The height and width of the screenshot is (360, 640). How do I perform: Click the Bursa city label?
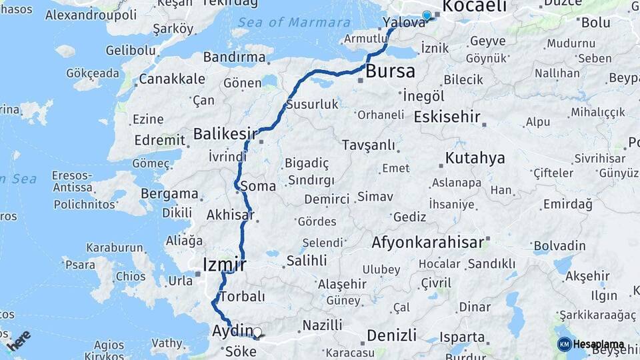[390, 71]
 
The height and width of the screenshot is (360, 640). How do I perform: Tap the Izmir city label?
[224, 265]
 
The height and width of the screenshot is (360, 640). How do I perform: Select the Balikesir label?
[225, 133]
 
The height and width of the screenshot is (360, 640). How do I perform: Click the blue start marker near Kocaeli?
[427, 15]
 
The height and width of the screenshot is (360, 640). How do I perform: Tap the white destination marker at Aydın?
[257, 331]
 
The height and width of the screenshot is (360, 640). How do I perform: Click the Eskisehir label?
[447, 117]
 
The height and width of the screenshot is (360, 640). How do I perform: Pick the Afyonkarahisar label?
[427, 242]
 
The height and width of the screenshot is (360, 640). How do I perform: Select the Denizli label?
[392, 335]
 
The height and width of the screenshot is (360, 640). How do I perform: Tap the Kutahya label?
[475, 158]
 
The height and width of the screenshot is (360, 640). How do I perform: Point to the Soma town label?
[261, 186]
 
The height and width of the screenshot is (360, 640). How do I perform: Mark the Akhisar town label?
[230, 215]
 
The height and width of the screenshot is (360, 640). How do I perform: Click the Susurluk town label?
[313, 104]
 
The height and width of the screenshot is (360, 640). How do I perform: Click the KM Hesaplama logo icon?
[564, 344]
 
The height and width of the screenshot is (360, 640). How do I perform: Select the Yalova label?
[404, 23]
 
